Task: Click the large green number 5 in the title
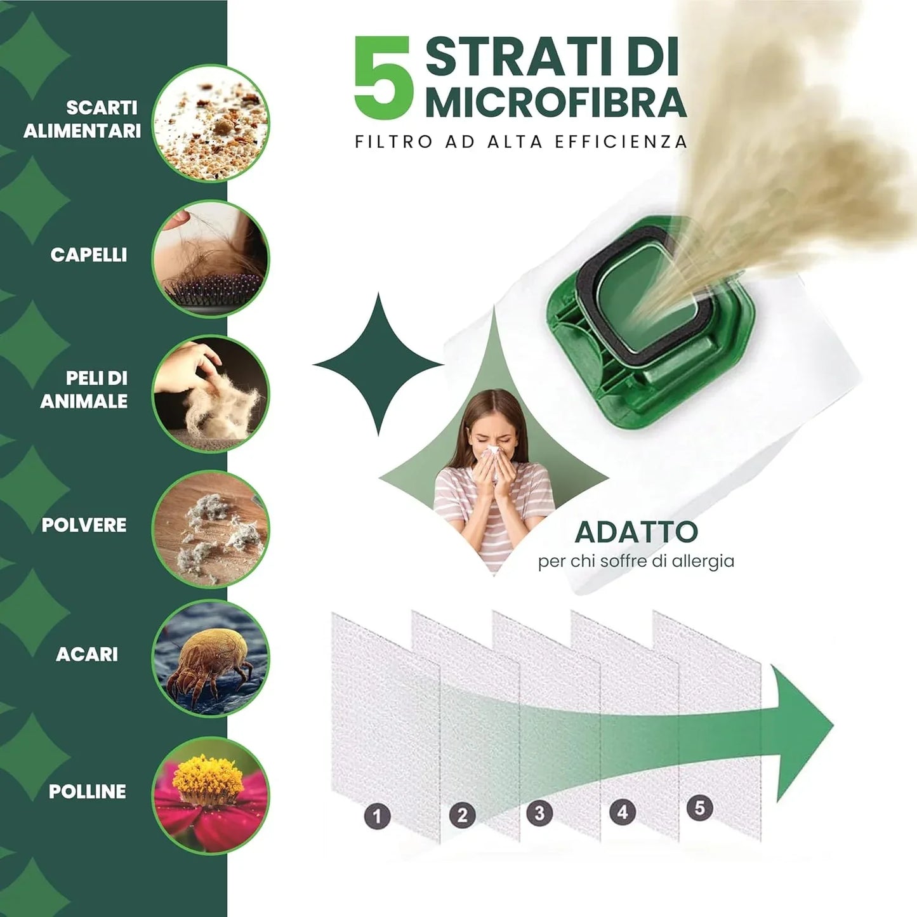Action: tap(382, 77)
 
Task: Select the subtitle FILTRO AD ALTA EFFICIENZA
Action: tap(521, 142)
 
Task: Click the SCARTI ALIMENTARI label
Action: tap(82, 119)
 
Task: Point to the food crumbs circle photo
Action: tap(211, 123)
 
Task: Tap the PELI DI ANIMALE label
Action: tap(84, 389)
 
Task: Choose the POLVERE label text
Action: tap(84, 524)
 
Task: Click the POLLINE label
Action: tap(88, 791)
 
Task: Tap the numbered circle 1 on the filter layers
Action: tap(378, 816)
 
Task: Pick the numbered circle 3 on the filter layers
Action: tap(539, 813)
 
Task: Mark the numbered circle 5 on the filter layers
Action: tap(700, 808)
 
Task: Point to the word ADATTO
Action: tap(637, 532)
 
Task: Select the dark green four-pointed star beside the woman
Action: tap(378, 364)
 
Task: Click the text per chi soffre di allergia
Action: tap(637, 561)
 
